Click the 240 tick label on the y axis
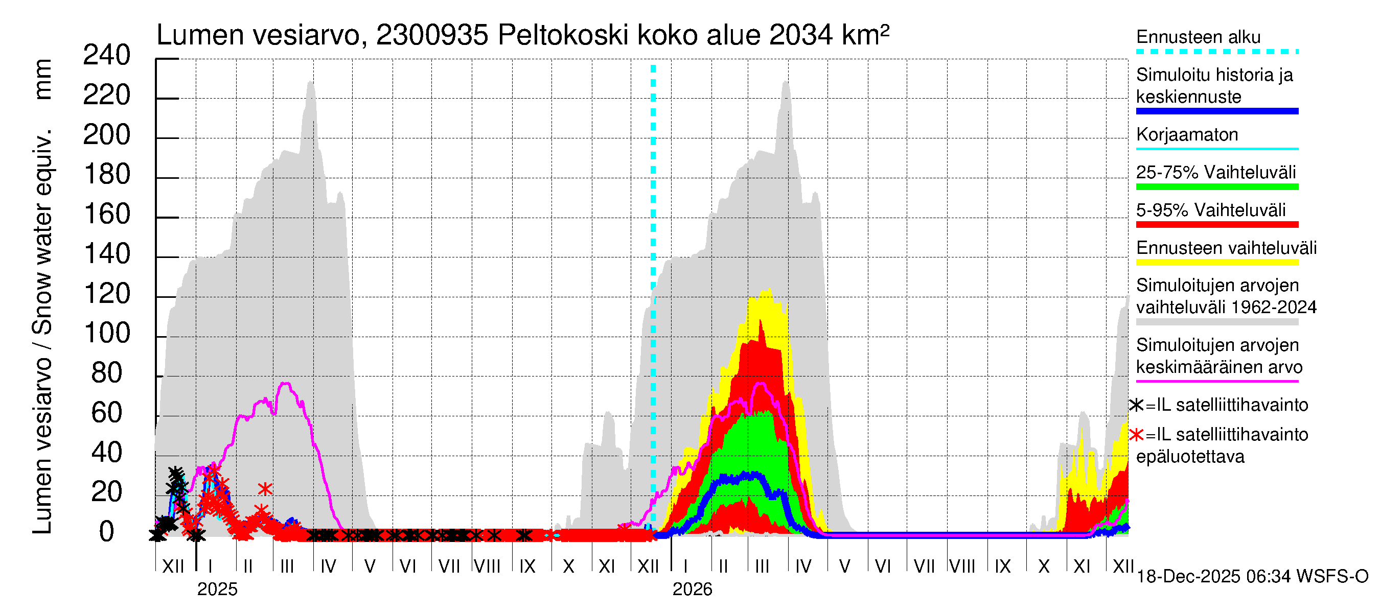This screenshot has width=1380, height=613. (x=107, y=56)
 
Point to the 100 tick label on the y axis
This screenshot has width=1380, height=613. (x=107, y=334)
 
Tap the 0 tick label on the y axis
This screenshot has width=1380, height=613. (x=107, y=532)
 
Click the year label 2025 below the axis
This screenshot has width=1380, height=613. (x=217, y=590)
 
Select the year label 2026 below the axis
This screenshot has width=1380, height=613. (x=692, y=590)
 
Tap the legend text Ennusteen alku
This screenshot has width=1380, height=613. (x=1199, y=37)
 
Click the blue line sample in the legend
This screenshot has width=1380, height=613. (x=1216, y=111)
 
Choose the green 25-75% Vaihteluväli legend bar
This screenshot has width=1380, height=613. (x=1216, y=187)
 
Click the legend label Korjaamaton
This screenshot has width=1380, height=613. (x=1187, y=134)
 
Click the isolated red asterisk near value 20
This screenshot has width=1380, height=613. (x=265, y=489)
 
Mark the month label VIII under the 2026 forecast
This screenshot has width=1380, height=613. (x=962, y=567)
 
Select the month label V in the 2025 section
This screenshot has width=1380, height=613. (x=370, y=567)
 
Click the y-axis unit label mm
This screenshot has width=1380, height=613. (x=43, y=79)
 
